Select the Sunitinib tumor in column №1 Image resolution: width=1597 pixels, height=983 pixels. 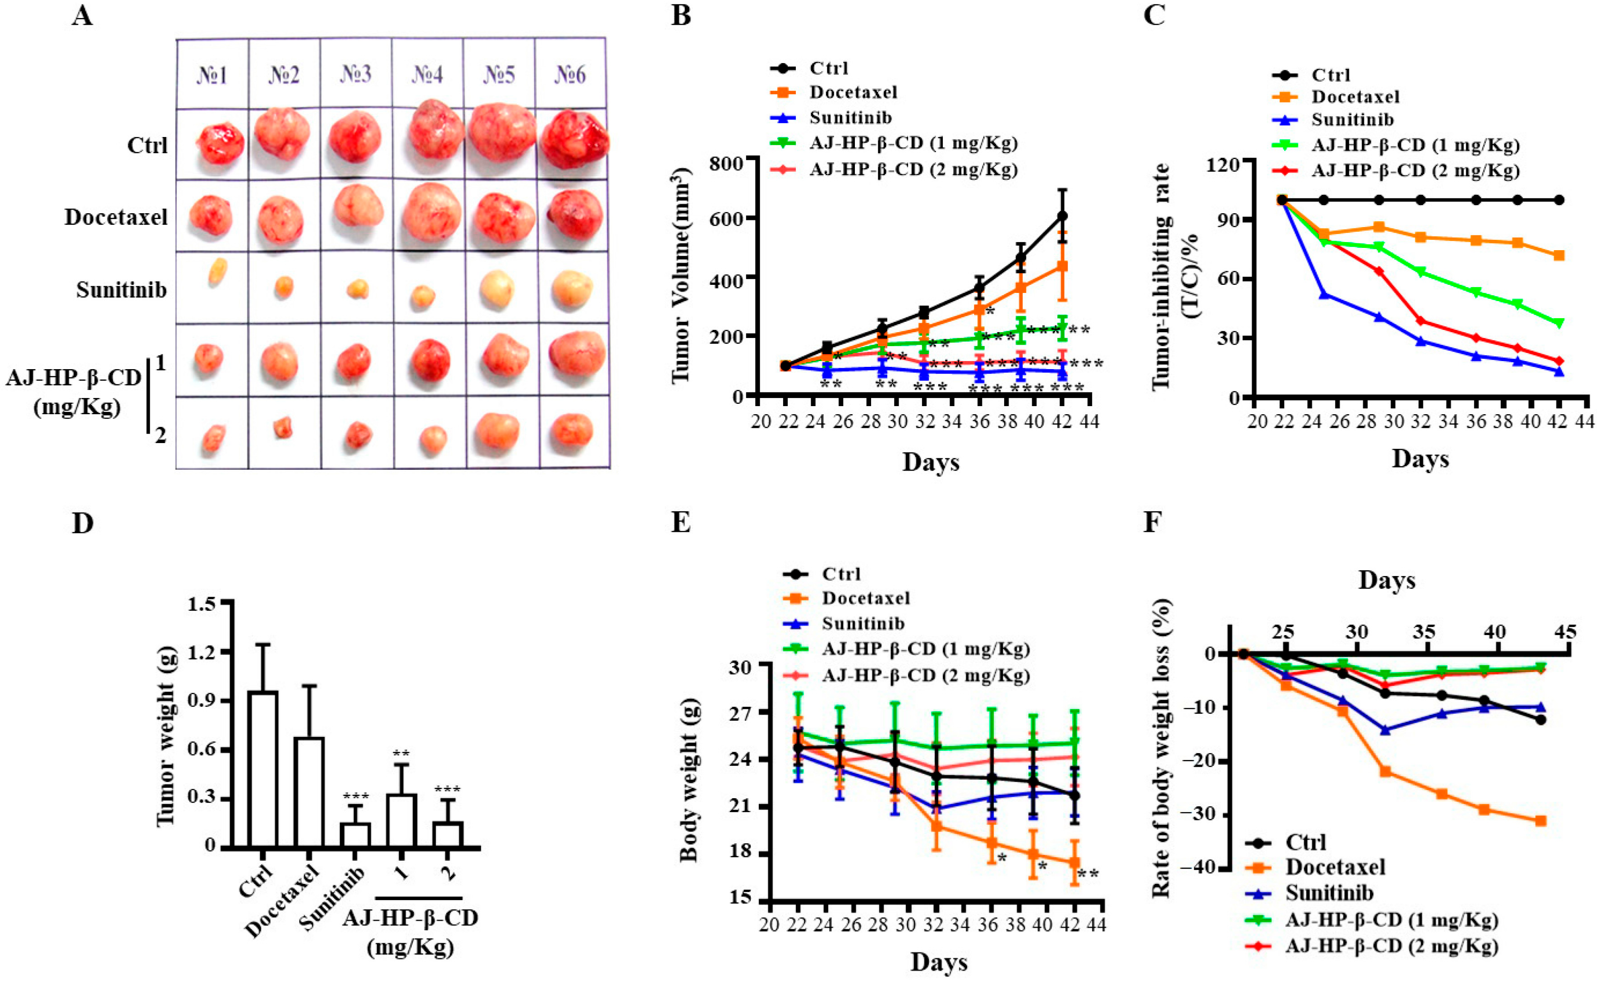(x=218, y=270)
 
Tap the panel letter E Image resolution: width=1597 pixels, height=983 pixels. (x=680, y=522)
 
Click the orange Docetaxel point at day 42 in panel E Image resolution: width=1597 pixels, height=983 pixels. (x=1075, y=862)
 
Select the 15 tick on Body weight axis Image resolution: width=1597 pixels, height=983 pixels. (x=741, y=898)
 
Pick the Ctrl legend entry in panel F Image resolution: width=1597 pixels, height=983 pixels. (x=1305, y=842)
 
